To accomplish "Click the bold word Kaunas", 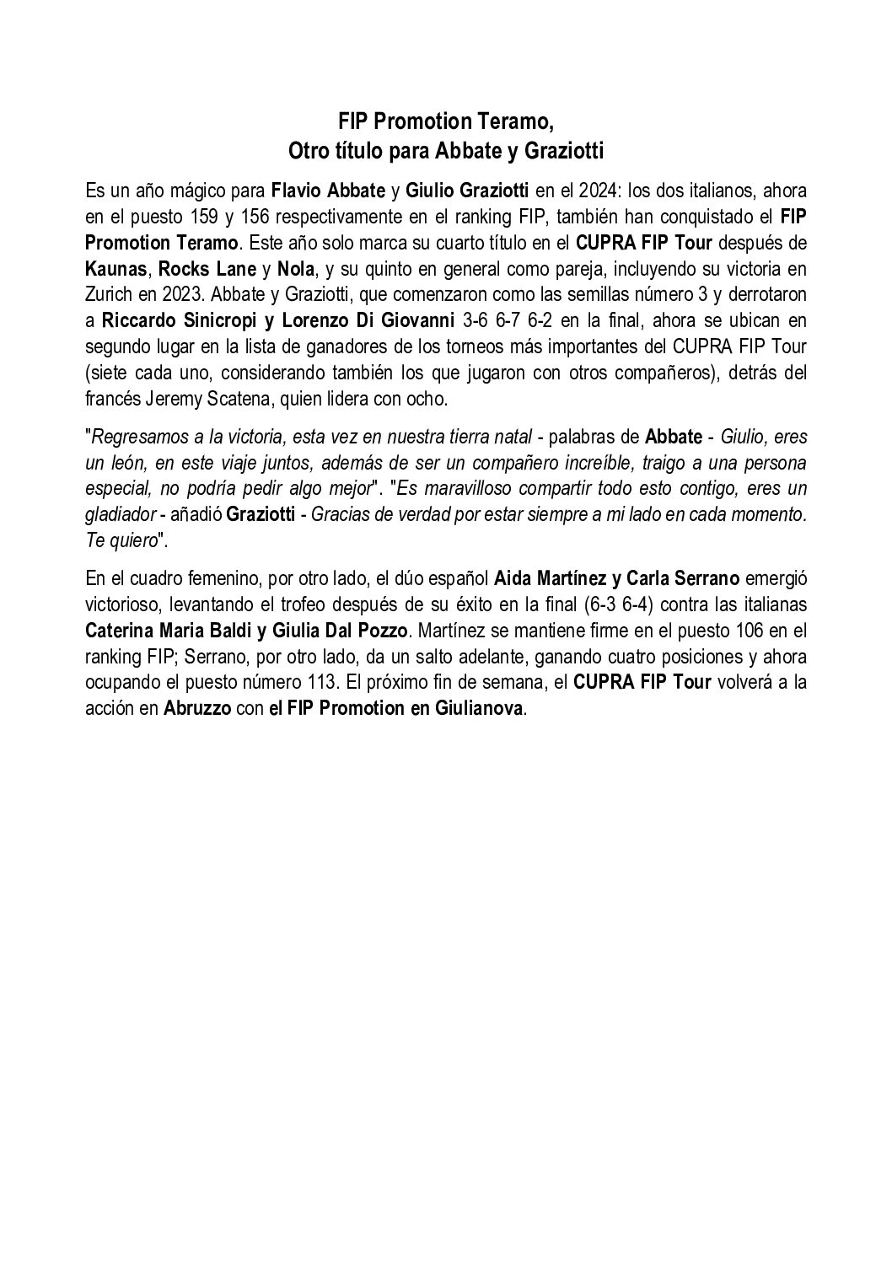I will click(117, 270).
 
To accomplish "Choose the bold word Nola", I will click(296, 270).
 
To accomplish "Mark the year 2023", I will click(181, 296).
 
